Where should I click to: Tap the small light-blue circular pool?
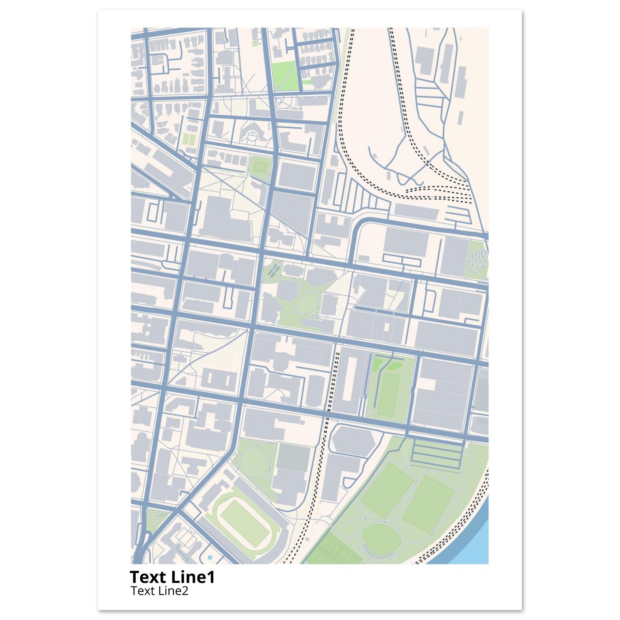210,557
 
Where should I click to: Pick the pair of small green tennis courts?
189,139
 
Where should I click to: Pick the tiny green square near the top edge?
255,43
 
